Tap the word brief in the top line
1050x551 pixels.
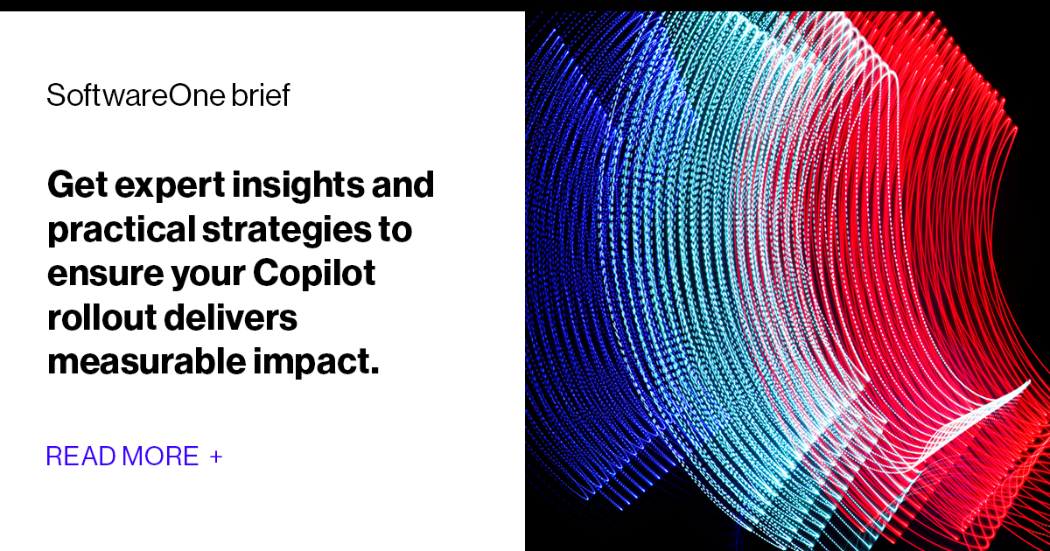click(x=261, y=95)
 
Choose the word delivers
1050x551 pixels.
click(x=237, y=317)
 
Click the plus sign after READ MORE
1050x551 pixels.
click(x=216, y=457)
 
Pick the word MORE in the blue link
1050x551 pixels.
click(x=160, y=456)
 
